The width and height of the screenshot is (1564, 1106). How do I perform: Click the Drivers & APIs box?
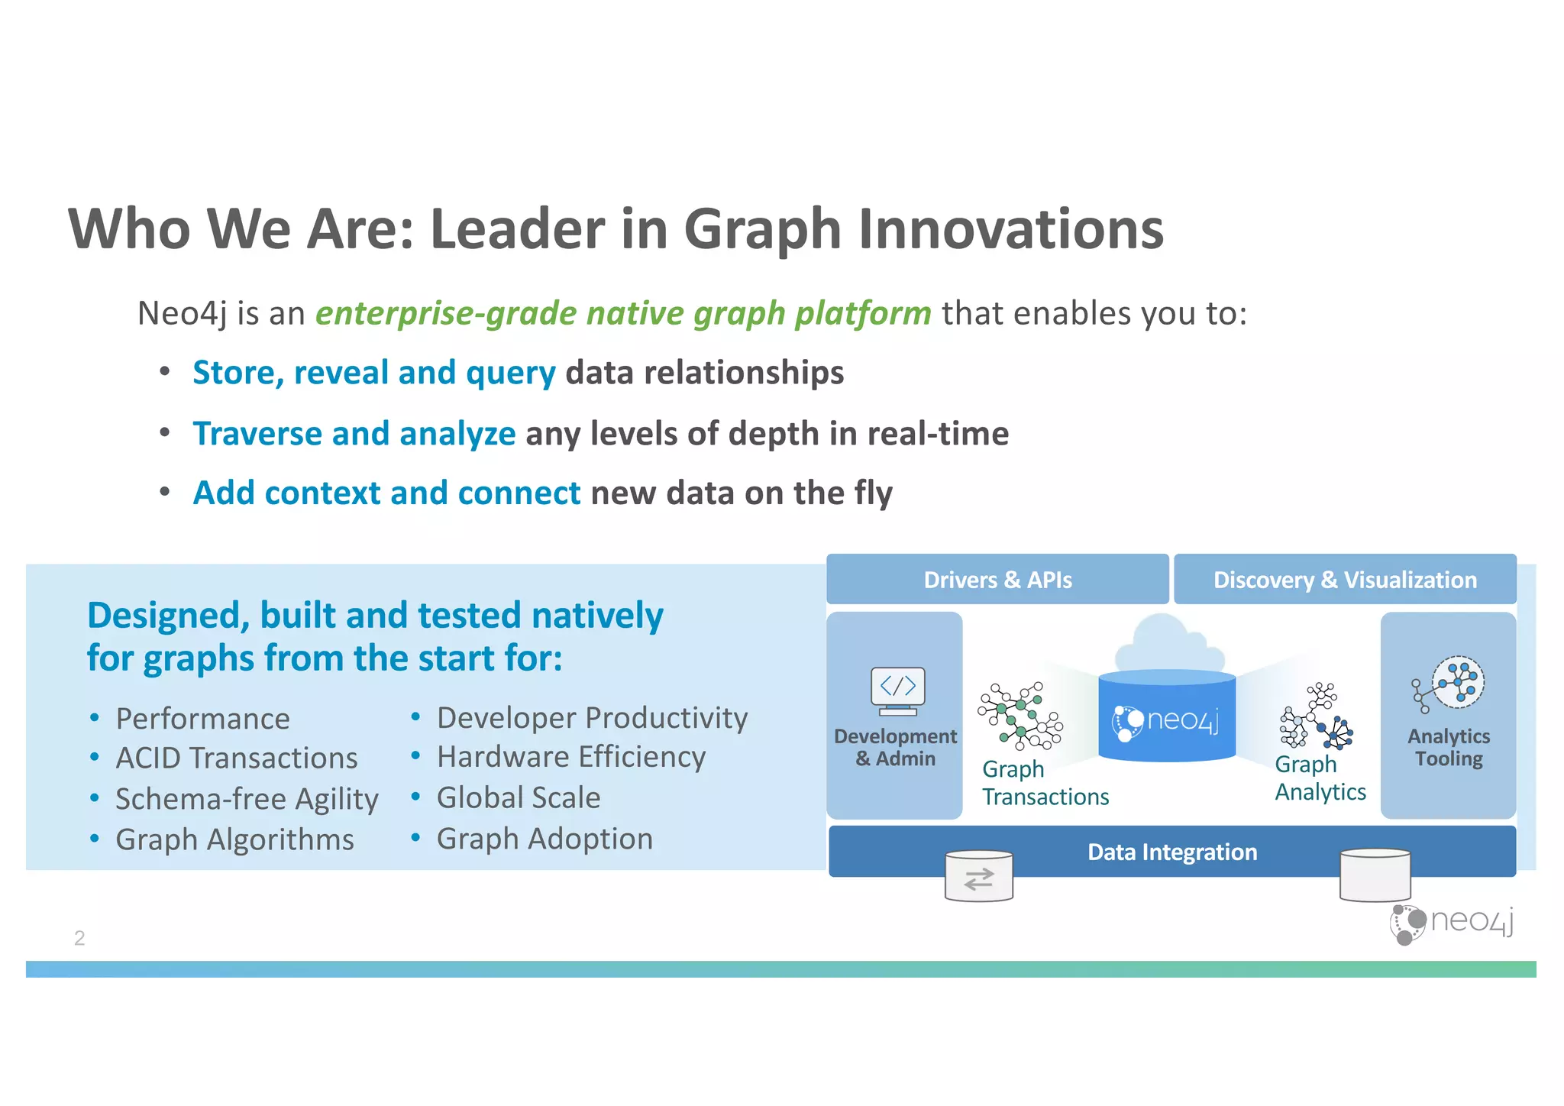pyautogui.click(x=997, y=580)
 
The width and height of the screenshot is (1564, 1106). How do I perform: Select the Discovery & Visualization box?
pyautogui.click(x=1344, y=580)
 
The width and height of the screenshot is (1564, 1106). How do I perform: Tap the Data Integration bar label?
pyautogui.click(x=1171, y=852)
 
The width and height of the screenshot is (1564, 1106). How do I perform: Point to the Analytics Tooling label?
pyautogui.click(x=1448, y=748)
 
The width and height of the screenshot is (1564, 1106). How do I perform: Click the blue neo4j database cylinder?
pyautogui.click(x=1166, y=718)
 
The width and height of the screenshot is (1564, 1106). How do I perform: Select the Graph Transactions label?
pyautogui.click(x=1044, y=783)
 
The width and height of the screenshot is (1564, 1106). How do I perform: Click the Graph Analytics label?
pyautogui.click(x=1320, y=778)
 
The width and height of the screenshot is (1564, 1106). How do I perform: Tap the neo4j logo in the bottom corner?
pyautogui.click(x=1451, y=923)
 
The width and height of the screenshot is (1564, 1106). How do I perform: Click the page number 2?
pyautogui.click(x=79, y=938)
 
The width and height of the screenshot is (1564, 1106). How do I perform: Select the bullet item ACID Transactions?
pyautogui.click(x=236, y=758)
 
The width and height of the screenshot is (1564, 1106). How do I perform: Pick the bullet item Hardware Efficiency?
pyautogui.click(x=570, y=757)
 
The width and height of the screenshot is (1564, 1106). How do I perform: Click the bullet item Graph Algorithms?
pyautogui.click(x=234, y=839)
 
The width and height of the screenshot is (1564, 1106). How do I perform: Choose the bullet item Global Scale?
pyautogui.click(x=518, y=797)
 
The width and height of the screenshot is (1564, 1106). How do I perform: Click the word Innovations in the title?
pyautogui.click(x=1010, y=228)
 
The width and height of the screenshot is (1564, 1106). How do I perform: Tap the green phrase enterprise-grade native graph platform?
pyautogui.click(x=623, y=313)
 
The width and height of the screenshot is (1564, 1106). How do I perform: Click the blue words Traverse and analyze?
pyautogui.click(x=354, y=434)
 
